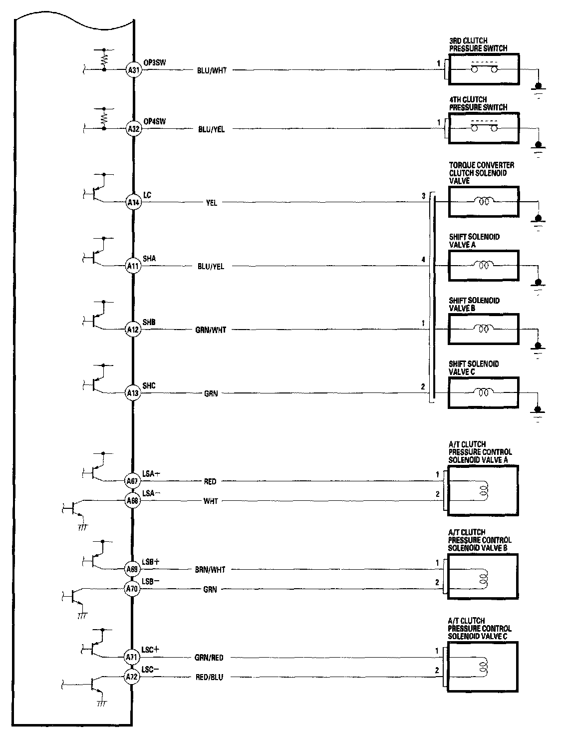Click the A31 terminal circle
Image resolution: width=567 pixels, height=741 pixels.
pos(133,70)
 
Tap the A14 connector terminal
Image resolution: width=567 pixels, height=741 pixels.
pos(133,203)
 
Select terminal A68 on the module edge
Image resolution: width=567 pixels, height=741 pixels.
pos(132,500)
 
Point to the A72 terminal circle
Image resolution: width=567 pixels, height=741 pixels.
pos(132,677)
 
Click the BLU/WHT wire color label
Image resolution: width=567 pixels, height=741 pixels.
pos(212,71)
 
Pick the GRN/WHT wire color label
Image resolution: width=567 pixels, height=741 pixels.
pos(211,330)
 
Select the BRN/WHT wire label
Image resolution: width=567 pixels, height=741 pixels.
pos(210,570)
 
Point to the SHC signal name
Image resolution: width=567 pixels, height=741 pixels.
pos(149,386)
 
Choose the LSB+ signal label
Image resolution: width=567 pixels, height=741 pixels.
pos(151,562)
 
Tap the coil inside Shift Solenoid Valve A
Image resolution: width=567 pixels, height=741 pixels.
pos(483,266)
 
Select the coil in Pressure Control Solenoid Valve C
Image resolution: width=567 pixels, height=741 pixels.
pos(483,667)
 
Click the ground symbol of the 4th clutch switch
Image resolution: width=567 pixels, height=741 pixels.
pos(538,146)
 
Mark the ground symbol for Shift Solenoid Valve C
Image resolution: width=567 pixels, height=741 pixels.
pos(538,411)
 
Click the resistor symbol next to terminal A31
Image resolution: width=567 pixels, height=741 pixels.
pos(104,59)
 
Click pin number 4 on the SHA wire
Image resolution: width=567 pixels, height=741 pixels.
pos(423,260)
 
